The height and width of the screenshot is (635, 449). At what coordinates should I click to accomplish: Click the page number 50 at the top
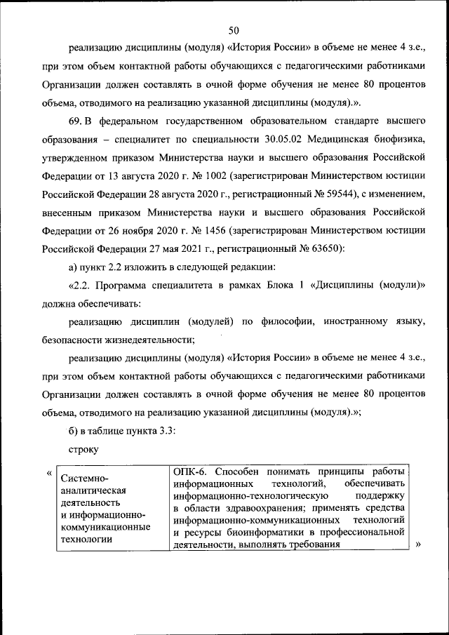tap(234, 29)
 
